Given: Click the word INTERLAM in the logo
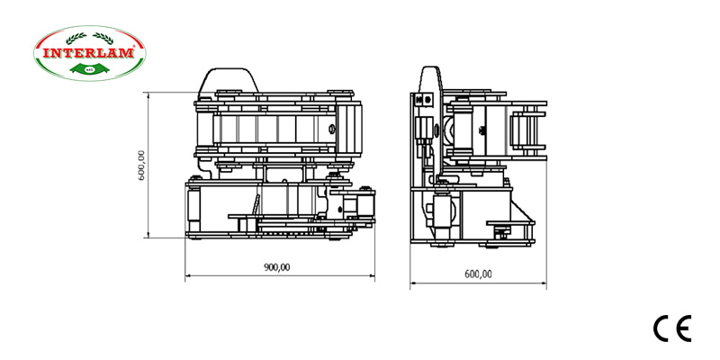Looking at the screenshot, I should click(88, 53).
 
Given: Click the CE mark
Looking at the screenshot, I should click(671, 329).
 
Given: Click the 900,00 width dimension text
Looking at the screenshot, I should click(276, 266).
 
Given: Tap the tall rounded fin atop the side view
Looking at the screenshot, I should click(431, 79).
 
